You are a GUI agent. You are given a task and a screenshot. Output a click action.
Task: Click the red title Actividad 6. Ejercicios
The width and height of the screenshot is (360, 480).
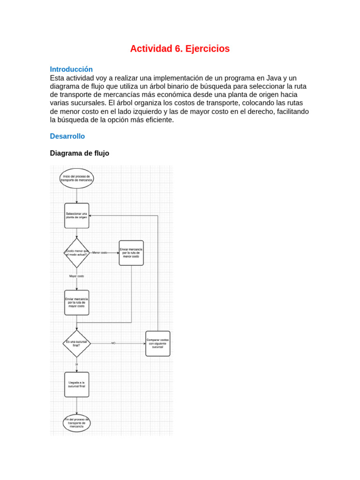180,49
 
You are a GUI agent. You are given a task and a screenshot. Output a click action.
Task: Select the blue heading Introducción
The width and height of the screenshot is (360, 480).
71,69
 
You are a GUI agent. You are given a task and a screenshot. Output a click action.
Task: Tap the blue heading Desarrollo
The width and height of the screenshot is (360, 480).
67,136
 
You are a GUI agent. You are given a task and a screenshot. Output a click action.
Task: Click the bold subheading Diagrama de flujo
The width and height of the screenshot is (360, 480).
79,153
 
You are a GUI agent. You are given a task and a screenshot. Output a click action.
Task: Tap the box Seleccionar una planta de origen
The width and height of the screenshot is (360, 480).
76,216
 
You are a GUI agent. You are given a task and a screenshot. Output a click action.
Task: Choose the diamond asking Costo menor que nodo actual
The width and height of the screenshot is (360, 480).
76,253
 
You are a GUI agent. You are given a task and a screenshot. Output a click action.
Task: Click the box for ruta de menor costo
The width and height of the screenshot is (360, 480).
131,253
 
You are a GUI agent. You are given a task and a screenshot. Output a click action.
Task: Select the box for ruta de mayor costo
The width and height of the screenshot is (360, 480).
76,302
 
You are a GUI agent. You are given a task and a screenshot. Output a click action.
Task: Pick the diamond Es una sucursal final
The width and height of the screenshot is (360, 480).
76,343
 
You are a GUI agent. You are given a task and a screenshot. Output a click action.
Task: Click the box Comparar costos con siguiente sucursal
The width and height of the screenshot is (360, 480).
158,344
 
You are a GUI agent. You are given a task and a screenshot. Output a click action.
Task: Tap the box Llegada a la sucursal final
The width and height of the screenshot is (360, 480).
76,384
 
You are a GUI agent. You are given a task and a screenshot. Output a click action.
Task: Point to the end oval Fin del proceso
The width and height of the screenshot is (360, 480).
76,422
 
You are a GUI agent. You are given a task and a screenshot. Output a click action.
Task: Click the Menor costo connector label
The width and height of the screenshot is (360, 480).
99,253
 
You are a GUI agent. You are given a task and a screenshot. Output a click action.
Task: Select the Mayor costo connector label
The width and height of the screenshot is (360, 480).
76,277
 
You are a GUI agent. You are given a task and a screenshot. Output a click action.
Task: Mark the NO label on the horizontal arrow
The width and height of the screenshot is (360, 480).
113,344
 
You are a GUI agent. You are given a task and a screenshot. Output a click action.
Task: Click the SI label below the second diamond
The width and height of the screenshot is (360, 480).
76,364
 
